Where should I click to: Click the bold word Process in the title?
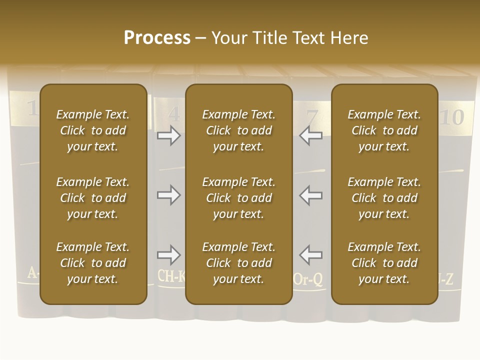click(157, 38)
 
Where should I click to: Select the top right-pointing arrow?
click(168, 135)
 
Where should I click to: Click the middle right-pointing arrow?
click(168, 194)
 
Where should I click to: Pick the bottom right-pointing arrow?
click(168, 255)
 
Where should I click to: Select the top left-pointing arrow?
click(310, 135)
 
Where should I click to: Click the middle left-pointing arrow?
click(310, 194)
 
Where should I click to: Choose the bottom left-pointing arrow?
click(310, 255)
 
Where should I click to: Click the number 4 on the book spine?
click(174, 115)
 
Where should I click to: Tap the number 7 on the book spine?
click(312, 118)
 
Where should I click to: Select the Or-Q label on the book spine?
click(308, 279)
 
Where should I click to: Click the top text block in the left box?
click(93, 130)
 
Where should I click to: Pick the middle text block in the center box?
click(238, 198)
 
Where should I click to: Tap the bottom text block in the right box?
click(384, 263)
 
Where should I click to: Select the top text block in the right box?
click(384, 130)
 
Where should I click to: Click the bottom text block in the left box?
click(93, 263)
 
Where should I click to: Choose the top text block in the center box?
click(238, 130)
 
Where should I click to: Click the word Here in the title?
click(349, 38)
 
